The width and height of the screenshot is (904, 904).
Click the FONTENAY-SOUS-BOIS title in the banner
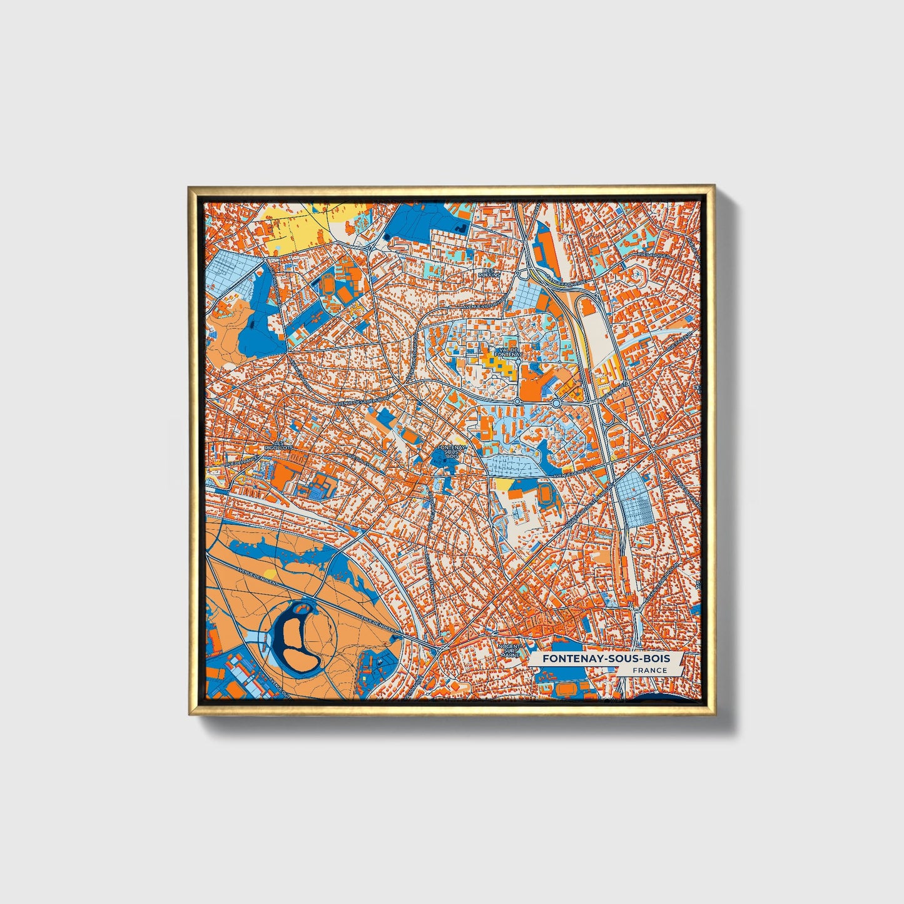pos(606,659)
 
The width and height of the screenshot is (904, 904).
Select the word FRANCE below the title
pos(649,671)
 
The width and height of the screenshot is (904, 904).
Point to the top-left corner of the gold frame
pos(189,187)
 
